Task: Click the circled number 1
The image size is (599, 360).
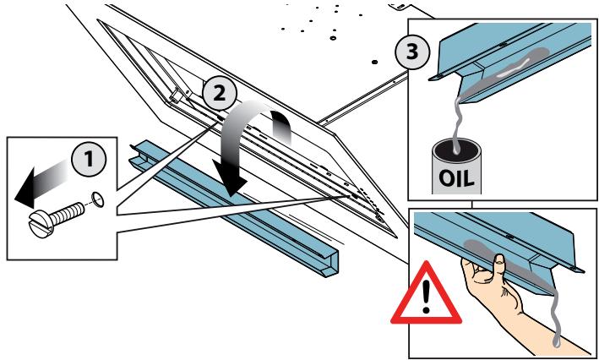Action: [89, 160]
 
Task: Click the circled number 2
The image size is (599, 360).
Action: [220, 94]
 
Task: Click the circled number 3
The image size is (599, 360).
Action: [412, 52]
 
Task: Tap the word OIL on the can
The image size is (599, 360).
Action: [456, 177]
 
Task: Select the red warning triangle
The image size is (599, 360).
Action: [426, 294]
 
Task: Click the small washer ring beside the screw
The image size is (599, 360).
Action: [97, 199]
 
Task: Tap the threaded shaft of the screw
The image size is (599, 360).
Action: [67, 214]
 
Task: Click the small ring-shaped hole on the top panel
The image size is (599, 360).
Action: [333, 39]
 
